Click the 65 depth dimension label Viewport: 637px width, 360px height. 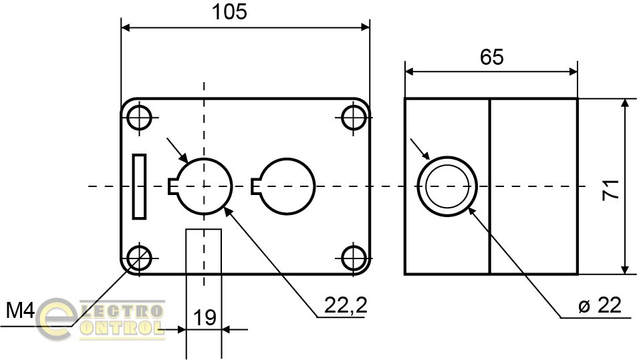(491, 57)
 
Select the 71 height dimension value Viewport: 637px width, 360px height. (610, 189)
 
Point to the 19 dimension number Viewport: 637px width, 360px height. (205, 317)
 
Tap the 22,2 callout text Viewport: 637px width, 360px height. (346, 306)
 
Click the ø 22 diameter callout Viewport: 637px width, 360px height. (600, 306)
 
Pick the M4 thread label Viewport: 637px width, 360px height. (20, 311)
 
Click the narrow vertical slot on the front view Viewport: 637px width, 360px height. (139, 186)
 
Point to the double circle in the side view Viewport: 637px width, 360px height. (448, 186)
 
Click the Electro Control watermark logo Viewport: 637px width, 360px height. (100, 319)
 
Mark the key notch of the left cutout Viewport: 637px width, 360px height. (172, 187)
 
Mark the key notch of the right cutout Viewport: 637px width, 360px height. (255, 187)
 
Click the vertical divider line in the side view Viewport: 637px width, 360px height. (490, 186)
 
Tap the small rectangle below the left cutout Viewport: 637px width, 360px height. (204, 250)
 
